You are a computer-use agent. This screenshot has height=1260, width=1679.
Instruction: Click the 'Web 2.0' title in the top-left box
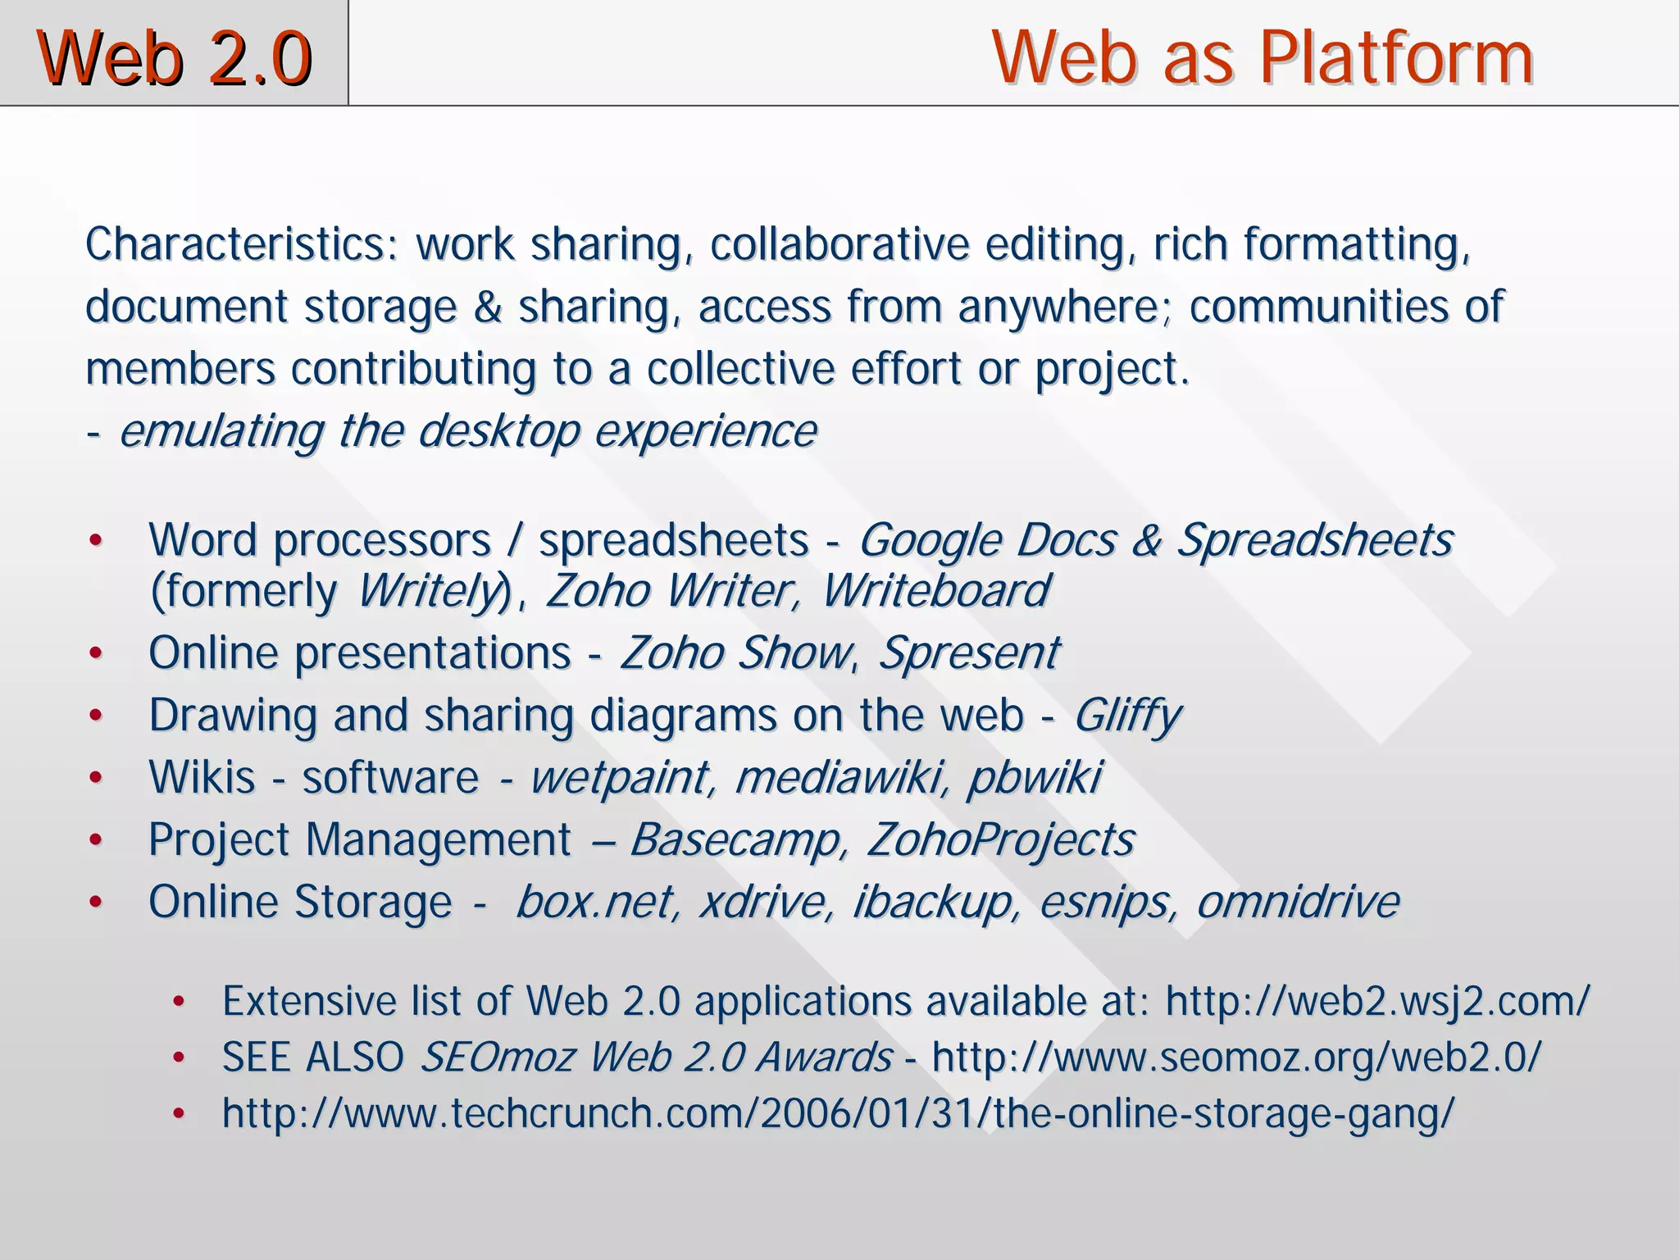(x=175, y=57)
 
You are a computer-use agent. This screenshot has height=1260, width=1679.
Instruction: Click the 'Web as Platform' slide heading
(x=1262, y=57)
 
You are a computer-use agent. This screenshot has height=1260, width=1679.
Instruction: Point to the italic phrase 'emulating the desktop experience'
(x=468, y=431)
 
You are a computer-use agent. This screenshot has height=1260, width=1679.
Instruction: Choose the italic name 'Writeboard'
(x=935, y=590)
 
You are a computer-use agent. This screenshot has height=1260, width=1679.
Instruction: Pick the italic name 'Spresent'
(x=969, y=653)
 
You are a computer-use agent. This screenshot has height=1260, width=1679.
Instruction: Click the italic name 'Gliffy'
(x=1127, y=715)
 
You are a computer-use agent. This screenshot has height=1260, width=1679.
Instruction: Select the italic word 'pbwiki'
(x=1035, y=777)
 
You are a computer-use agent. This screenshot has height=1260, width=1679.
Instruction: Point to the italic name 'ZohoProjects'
(x=1001, y=839)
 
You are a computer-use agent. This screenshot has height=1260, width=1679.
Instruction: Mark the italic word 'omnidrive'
(x=1298, y=902)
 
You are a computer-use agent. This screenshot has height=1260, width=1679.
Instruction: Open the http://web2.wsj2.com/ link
(x=1377, y=1002)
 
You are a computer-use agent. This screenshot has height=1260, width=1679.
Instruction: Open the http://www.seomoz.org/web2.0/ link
(x=1236, y=1058)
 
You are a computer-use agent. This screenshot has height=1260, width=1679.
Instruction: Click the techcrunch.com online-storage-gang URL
(x=838, y=1113)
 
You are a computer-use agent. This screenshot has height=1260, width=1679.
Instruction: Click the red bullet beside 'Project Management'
(x=96, y=840)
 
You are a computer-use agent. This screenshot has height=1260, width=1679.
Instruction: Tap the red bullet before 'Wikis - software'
(x=96, y=778)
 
